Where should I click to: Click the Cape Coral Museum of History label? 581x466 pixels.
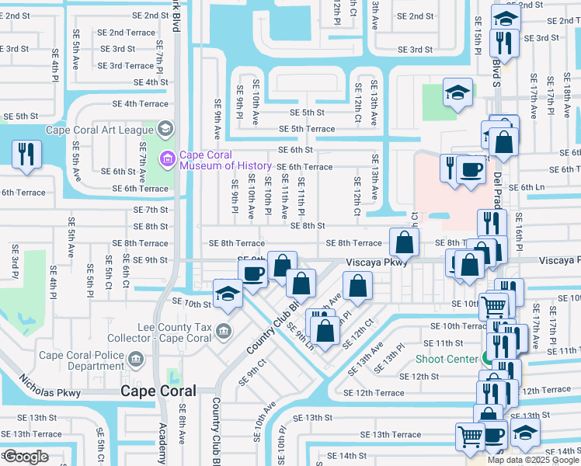[x=226, y=160]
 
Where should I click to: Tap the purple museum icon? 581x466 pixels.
[x=165, y=160]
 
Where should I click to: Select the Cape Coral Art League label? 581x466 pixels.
[x=99, y=130]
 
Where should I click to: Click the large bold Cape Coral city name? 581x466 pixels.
[x=158, y=391]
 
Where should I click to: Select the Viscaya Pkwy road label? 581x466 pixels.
[x=377, y=263]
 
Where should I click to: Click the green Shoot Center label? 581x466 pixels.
[x=447, y=359]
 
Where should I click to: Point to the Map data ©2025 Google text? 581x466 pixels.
[x=534, y=460]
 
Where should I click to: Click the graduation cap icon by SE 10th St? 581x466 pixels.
[x=227, y=294]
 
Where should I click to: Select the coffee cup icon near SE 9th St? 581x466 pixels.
[x=254, y=273]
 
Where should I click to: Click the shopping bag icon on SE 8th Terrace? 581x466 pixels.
[x=404, y=242]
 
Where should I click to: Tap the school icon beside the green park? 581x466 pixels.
[x=457, y=92]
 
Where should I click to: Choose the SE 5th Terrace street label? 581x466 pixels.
[x=307, y=129]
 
